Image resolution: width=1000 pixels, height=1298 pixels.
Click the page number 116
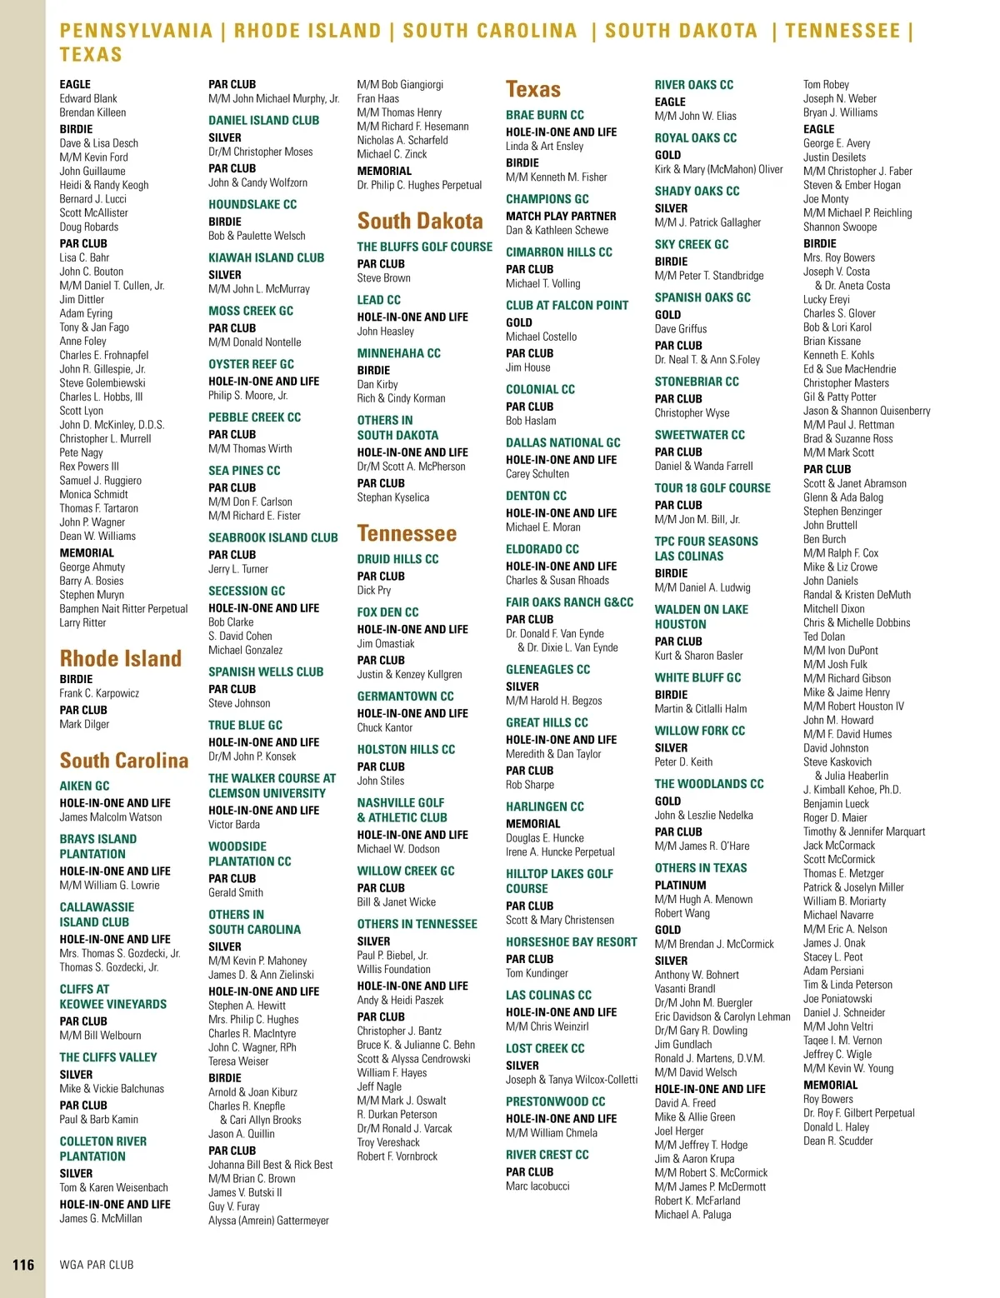click(23, 1265)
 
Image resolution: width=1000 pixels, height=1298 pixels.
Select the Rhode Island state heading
click(121, 658)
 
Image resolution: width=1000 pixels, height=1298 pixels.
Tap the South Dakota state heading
click(420, 221)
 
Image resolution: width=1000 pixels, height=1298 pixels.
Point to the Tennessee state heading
click(407, 533)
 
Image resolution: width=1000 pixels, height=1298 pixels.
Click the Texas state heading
click(533, 89)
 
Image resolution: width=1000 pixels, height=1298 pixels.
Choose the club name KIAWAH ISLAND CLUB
click(266, 257)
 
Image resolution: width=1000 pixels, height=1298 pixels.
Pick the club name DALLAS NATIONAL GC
click(562, 442)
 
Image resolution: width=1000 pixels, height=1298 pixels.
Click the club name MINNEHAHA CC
click(398, 353)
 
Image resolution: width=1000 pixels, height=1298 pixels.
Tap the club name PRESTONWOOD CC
click(555, 1101)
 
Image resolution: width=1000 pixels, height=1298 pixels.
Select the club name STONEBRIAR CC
click(696, 382)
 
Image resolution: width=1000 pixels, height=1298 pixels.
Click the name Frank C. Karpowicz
click(99, 693)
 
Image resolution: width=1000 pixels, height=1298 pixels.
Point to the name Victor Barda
click(234, 825)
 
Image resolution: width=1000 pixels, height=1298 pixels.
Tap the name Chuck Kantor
click(385, 727)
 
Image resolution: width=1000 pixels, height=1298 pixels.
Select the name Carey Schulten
click(537, 474)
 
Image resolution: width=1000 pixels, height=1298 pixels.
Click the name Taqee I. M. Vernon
click(842, 1041)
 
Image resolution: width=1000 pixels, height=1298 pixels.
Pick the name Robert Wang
click(682, 913)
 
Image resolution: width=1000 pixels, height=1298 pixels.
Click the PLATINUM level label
click(680, 885)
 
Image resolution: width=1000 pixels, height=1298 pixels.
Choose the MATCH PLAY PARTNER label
click(561, 216)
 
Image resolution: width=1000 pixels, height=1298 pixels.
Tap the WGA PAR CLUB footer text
click(97, 1265)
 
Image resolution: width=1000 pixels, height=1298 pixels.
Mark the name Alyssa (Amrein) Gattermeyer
click(268, 1221)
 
